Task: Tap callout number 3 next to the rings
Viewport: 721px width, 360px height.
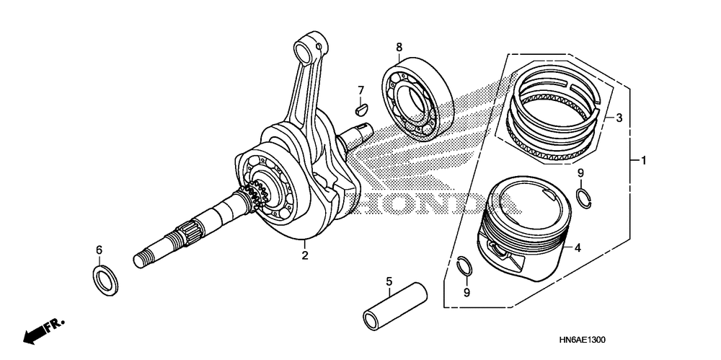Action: point(619,118)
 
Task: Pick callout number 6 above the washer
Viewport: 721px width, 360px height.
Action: point(99,250)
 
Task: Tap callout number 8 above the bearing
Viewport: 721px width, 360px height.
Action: point(399,48)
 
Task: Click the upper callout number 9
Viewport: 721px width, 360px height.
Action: point(580,172)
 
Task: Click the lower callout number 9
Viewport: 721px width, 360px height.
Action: point(466,292)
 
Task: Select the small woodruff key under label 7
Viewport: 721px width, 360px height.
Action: point(362,108)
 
